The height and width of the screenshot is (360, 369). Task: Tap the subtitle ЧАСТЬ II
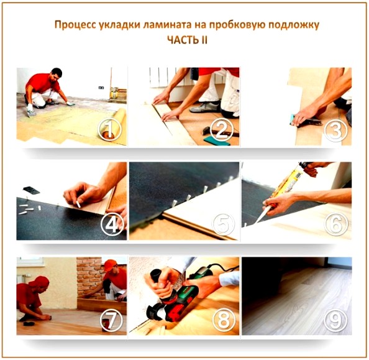click(188, 40)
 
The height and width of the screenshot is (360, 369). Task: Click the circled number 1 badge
click(110, 129)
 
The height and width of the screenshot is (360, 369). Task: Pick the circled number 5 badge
click(224, 225)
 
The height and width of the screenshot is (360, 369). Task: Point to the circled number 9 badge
click(335, 320)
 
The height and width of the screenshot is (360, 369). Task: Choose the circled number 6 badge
click(335, 225)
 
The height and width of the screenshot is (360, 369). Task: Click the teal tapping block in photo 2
click(217, 141)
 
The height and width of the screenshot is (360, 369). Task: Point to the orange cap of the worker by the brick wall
click(110, 264)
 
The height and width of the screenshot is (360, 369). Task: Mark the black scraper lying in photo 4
click(32, 190)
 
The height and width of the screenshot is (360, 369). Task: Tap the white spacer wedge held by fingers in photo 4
click(78, 204)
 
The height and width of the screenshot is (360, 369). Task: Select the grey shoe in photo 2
click(205, 107)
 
